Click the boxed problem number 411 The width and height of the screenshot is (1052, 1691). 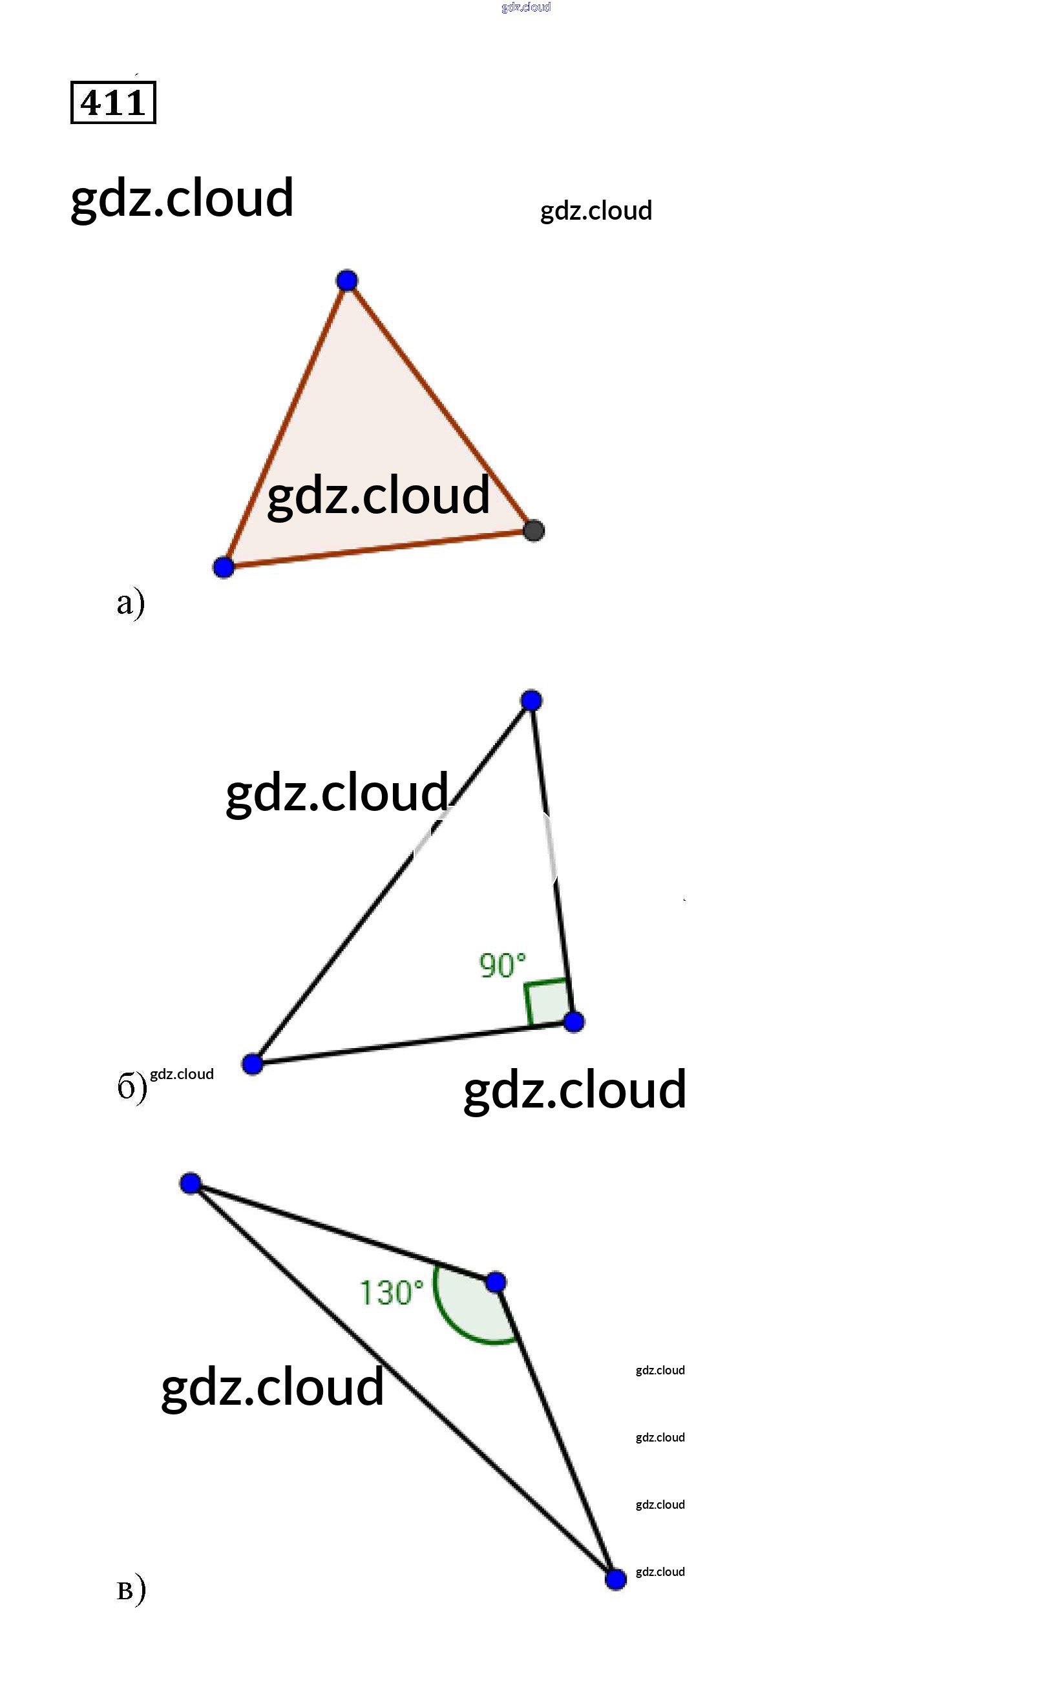(112, 103)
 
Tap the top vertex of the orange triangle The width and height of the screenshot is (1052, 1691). (346, 281)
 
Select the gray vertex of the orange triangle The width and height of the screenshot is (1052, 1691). (534, 530)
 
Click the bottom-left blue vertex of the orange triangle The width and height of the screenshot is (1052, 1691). (224, 567)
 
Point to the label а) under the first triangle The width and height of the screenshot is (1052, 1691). (130, 602)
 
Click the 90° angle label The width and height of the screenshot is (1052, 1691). (501, 965)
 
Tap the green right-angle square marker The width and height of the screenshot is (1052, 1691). (547, 1002)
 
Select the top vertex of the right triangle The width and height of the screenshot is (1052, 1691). (532, 700)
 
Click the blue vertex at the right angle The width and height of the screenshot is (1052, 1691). (574, 1022)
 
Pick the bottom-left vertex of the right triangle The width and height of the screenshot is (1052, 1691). (253, 1064)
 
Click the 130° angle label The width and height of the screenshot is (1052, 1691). (391, 1293)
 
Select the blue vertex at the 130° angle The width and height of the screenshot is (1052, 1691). (496, 1282)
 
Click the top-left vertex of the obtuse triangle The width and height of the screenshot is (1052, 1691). (191, 1183)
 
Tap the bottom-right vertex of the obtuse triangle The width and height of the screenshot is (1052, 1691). (616, 1580)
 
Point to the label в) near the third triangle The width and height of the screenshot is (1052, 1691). (131, 1590)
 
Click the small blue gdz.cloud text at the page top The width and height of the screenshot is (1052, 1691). (526, 7)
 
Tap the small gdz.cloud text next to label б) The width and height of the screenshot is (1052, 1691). (182, 1074)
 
